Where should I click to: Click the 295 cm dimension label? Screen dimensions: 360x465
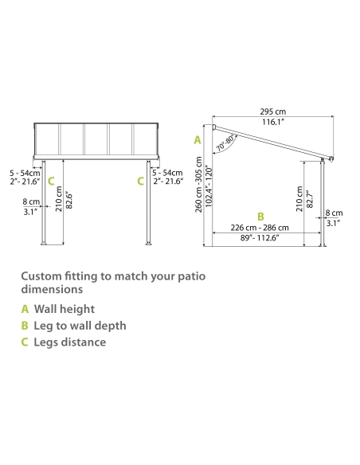tap(273, 111)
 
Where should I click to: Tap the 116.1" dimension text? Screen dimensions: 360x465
tap(273, 122)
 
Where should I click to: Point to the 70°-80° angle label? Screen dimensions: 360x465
tap(227, 143)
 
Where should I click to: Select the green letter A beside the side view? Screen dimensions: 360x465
tap(198, 140)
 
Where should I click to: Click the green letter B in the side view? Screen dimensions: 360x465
tap(260, 217)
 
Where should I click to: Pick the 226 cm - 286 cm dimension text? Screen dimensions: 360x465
tap(260, 228)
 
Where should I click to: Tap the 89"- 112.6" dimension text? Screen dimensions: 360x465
tap(260, 238)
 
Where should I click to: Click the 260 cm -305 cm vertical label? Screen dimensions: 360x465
tap(198, 185)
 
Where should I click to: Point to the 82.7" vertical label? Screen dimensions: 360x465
tap(309, 199)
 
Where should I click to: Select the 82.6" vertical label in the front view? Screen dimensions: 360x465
tap(68, 201)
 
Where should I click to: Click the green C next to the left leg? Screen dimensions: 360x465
tap(51, 182)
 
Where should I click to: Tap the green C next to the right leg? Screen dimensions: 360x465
tap(140, 182)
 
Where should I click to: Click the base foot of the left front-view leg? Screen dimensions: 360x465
tap(44, 244)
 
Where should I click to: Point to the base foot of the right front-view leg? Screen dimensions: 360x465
tap(149, 244)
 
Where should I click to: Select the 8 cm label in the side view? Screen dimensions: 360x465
tap(335, 213)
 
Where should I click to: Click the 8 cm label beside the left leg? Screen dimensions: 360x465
tap(31, 201)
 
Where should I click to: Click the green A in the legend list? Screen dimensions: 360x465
tap(25, 309)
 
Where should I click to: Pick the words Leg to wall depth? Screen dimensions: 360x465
tap(80, 326)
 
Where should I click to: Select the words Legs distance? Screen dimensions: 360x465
tap(70, 342)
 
